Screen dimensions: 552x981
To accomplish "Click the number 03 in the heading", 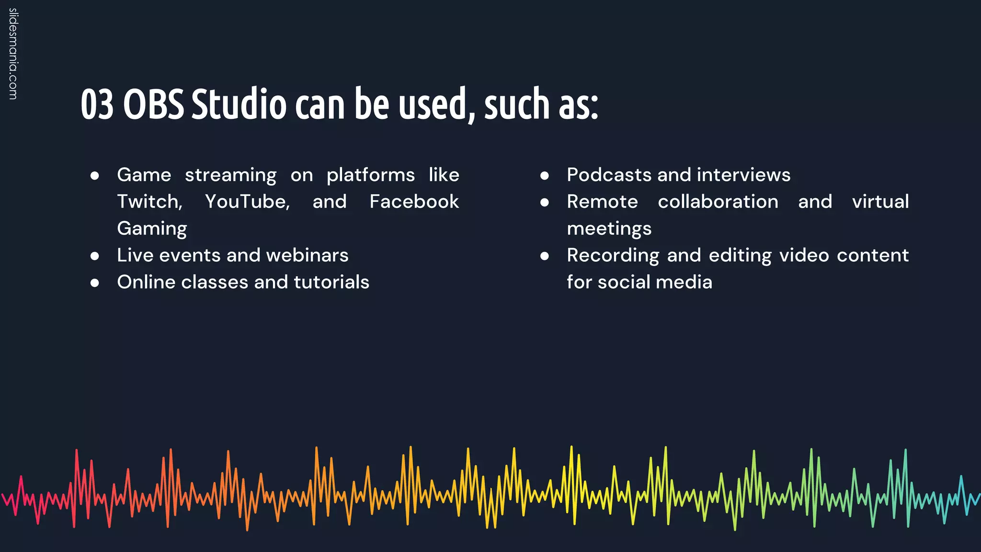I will click(97, 104).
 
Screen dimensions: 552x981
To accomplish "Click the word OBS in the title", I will click(153, 104).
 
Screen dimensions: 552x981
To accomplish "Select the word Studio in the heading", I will click(239, 104).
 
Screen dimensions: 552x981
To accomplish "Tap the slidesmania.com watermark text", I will click(13, 54).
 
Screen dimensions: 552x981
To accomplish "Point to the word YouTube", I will click(247, 202).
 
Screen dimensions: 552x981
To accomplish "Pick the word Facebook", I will click(414, 202).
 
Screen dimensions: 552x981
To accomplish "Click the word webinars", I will click(307, 255).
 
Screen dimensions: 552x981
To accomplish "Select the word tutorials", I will click(331, 282).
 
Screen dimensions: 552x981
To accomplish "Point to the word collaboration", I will click(718, 202).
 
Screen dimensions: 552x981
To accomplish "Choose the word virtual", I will click(880, 202).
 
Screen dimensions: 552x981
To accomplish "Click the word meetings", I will click(609, 229).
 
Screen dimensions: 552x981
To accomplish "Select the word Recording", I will click(613, 255).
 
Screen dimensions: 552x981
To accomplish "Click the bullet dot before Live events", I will click(95, 256).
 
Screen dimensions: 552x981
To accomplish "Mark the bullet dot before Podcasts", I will click(544, 176).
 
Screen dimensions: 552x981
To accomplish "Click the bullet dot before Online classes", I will click(95, 283).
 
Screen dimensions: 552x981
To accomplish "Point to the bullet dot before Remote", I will click(544, 203).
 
